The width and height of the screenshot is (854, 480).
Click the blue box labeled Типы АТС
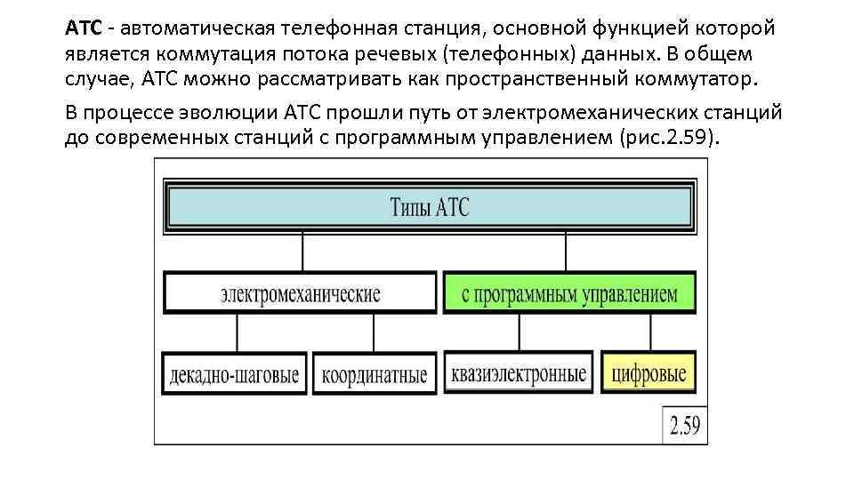pyautogui.click(x=428, y=208)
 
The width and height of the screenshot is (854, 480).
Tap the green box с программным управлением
pyautogui.click(x=570, y=293)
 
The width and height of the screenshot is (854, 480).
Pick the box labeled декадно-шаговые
pyautogui.click(x=236, y=374)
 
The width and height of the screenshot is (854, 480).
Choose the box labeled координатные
pyautogui.click(x=375, y=374)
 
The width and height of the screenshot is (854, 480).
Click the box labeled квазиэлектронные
pyautogui.click(x=520, y=373)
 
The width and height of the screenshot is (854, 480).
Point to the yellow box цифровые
pyautogui.click(x=649, y=373)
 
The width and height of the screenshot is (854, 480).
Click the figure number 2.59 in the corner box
pyautogui.click(x=684, y=427)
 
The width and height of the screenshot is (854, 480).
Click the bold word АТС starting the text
pyautogui.click(x=82, y=28)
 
